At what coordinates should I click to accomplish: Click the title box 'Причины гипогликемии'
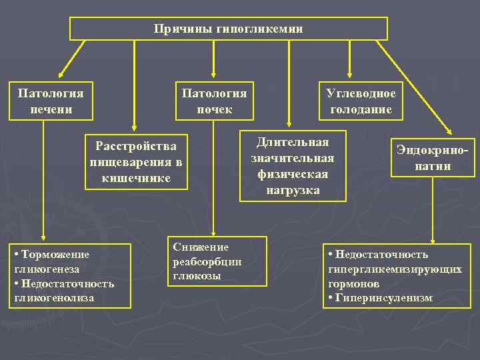pos(229,29)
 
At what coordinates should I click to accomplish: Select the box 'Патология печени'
pos(51,101)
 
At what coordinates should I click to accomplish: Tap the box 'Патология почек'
pos(214,101)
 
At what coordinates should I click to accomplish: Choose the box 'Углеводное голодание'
pos(361,101)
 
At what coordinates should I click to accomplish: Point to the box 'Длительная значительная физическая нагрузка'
pos(293,167)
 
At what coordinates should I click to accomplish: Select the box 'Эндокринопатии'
pos(432,158)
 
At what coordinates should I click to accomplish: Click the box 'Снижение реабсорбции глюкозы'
pos(217,261)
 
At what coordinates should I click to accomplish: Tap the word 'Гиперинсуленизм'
pos(381,297)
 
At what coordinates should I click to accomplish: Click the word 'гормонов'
pos(354,283)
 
